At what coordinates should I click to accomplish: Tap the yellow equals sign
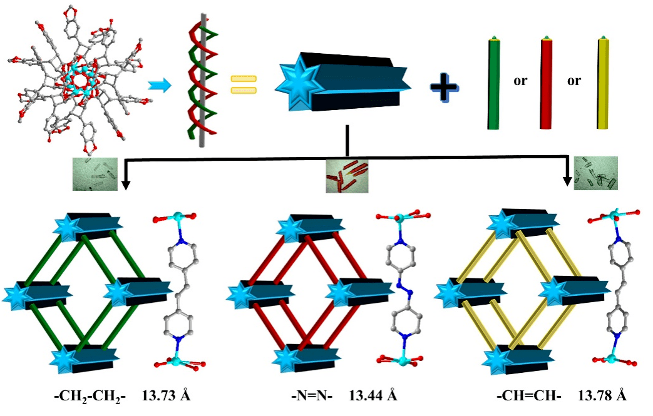244,85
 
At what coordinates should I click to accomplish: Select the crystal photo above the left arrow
94,173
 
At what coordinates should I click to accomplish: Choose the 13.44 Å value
373,395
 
